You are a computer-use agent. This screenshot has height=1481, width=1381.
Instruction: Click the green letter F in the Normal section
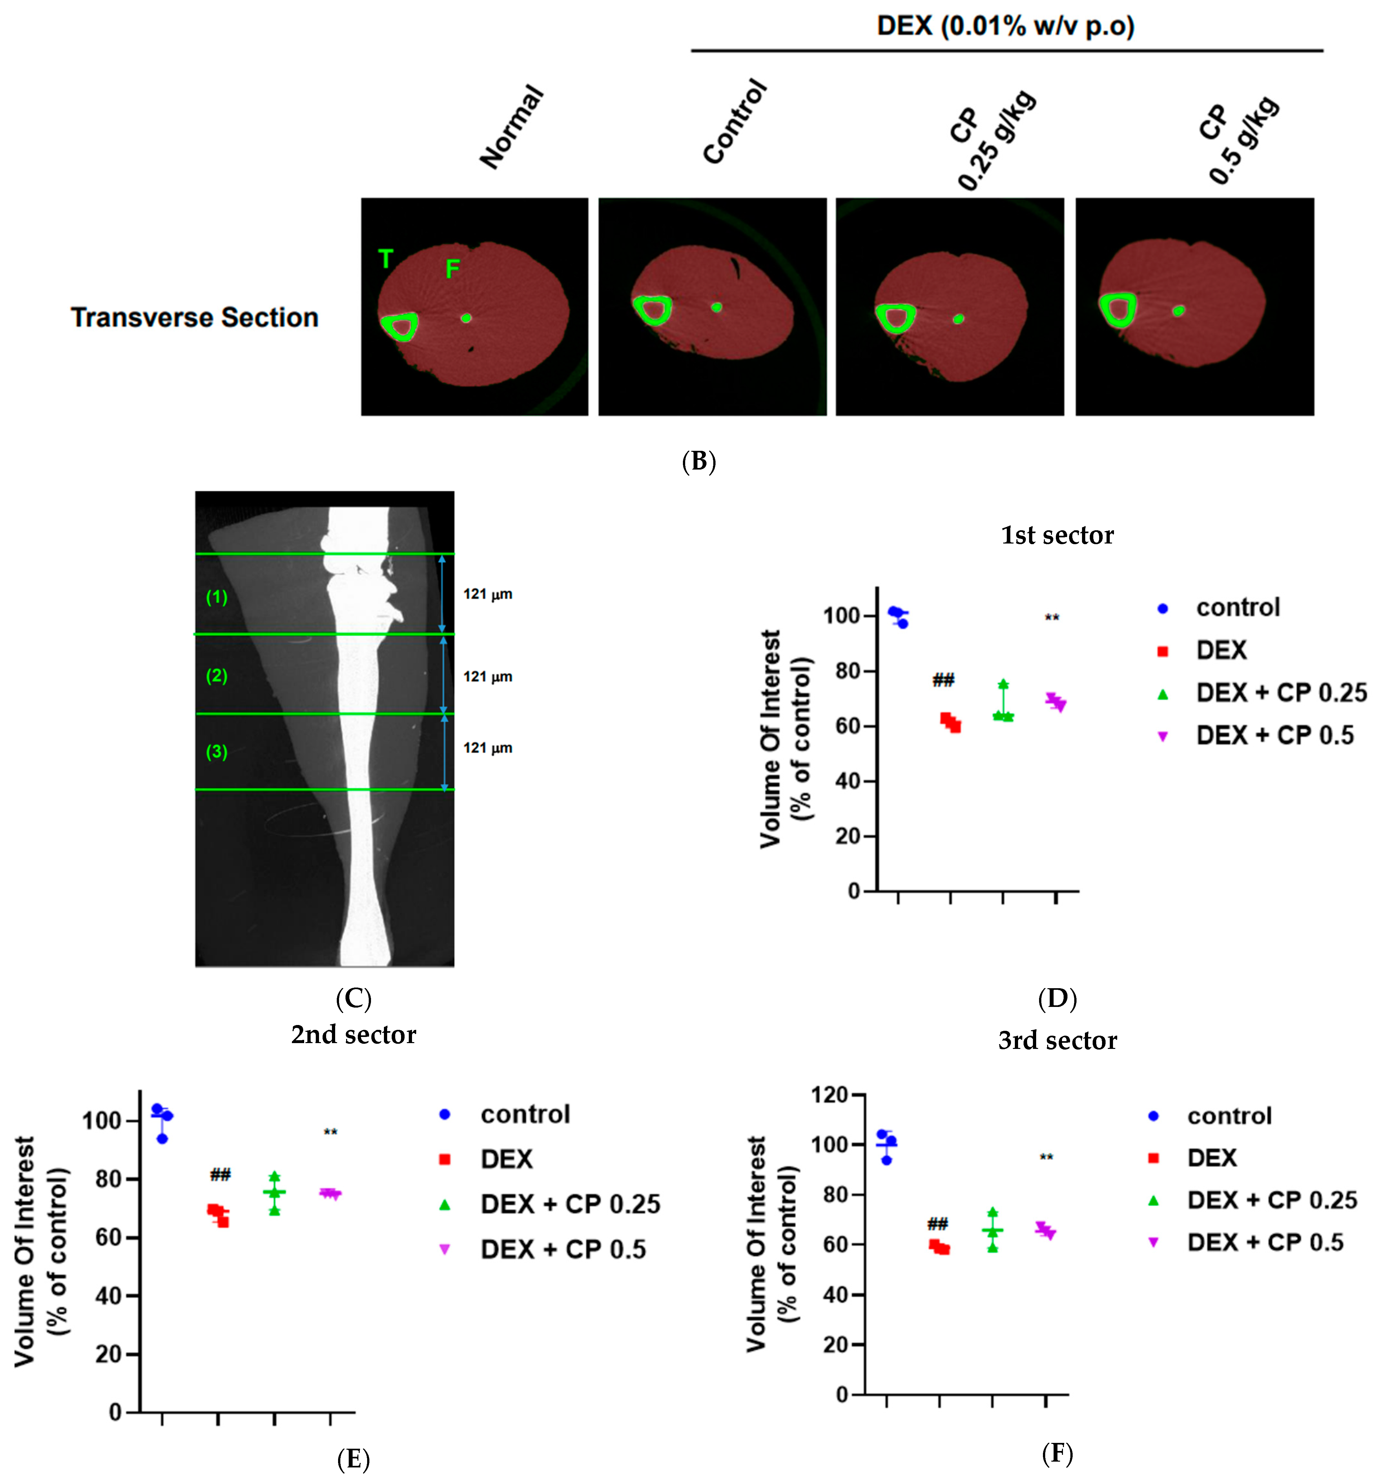coord(452,269)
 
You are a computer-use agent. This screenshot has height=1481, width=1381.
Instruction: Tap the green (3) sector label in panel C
coord(217,752)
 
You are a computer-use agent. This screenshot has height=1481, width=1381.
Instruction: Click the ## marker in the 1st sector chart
coord(943,679)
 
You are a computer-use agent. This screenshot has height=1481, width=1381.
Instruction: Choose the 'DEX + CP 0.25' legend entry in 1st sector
coord(1281,693)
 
